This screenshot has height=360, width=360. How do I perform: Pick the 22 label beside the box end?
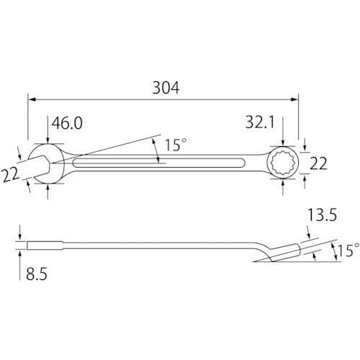(320, 164)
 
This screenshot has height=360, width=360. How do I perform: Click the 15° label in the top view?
(175, 145)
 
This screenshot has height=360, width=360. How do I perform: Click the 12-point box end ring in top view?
(282, 163)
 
